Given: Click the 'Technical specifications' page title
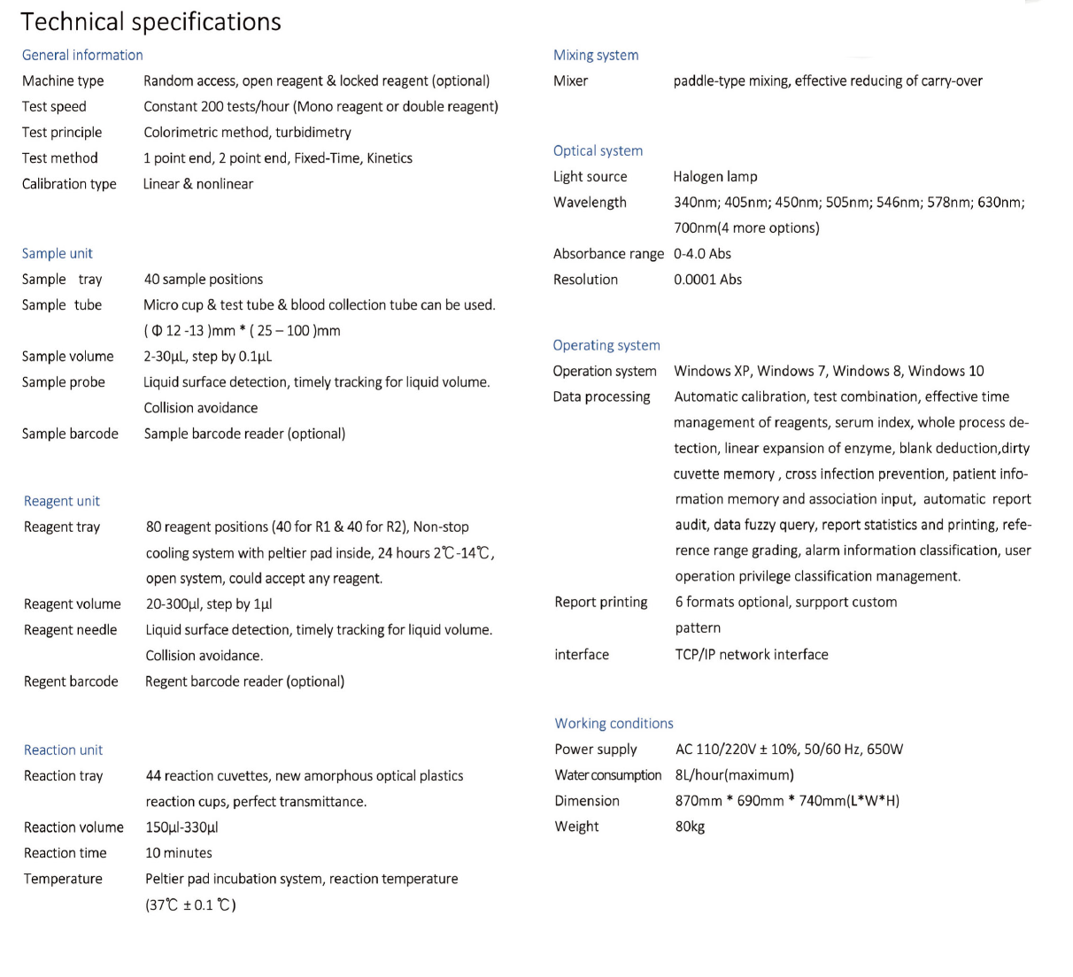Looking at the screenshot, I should [x=151, y=22].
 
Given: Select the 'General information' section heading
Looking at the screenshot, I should [x=82, y=55].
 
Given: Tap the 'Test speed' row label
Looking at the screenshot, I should [x=54, y=106].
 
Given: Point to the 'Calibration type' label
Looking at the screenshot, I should [x=69, y=184].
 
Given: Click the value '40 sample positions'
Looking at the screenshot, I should [x=204, y=279].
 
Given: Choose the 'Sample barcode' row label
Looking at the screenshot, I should [x=70, y=434].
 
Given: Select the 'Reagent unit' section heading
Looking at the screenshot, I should [x=62, y=501].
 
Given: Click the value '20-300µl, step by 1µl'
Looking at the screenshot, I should [x=209, y=604].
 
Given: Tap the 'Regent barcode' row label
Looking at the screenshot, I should [x=71, y=681].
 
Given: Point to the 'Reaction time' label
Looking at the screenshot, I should [x=66, y=853].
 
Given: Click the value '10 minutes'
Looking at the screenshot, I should [x=179, y=853].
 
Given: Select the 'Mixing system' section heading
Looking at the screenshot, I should [x=596, y=55].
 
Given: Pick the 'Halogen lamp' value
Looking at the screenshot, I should [x=715, y=176].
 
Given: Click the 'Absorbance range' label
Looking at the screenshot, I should [x=608, y=254].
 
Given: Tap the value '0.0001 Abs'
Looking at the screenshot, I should [x=708, y=280].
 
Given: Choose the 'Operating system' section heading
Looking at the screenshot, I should [x=606, y=345].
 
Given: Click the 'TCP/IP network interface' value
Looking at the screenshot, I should [x=752, y=655].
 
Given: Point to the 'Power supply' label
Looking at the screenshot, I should [x=596, y=750].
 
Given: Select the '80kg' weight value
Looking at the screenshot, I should [x=690, y=827].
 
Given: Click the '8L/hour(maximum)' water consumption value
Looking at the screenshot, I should [x=735, y=775].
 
